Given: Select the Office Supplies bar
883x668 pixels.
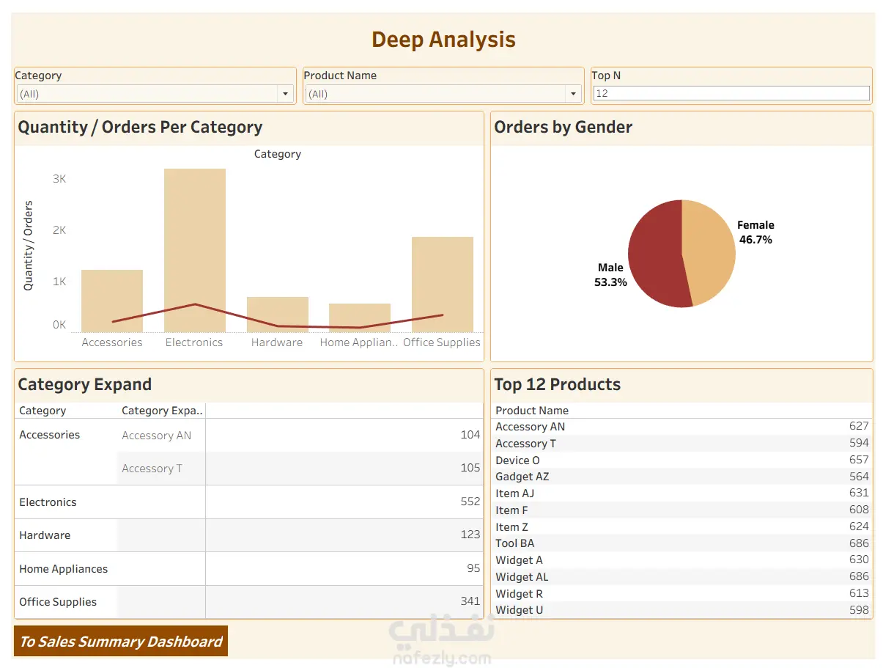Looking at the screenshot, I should (x=442, y=279).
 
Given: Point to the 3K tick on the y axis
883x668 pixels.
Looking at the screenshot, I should (x=59, y=179).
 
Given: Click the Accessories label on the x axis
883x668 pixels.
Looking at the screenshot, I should (x=112, y=342).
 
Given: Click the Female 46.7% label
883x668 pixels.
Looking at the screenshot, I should (x=755, y=232).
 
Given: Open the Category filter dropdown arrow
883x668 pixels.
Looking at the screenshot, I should (x=285, y=94).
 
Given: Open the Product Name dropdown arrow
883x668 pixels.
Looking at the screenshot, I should (x=573, y=94).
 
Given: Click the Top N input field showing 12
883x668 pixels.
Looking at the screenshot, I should (x=731, y=94).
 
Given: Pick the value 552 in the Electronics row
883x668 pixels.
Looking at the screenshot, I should (x=470, y=502).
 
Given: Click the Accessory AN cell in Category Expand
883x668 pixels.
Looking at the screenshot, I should (x=156, y=436).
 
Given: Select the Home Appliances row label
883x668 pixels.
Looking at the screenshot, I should (x=63, y=569).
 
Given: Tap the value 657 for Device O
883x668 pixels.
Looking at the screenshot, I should (x=858, y=460).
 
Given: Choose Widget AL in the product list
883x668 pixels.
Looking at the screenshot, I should (x=522, y=577).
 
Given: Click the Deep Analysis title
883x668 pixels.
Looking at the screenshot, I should (x=443, y=40).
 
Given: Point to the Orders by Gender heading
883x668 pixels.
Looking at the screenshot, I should (x=563, y=127).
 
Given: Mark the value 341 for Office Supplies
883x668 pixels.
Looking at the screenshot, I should (x=470, y=602).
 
